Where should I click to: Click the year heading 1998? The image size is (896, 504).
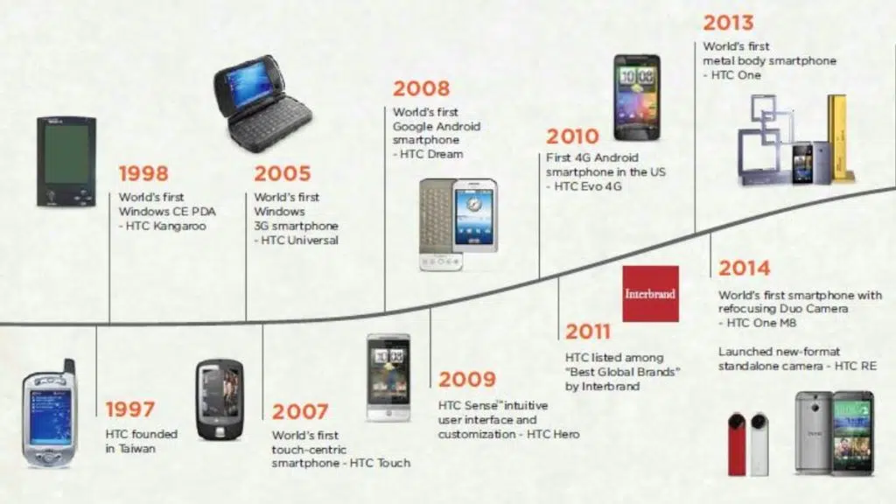tap(143, 173)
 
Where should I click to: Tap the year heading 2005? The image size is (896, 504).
tap(283, 173)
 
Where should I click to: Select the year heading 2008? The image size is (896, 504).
tap(421, 88)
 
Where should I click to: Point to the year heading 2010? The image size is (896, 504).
tap(572, 136)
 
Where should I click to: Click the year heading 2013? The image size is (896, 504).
tap(728, 23)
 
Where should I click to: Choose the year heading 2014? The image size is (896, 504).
tap(744, 268)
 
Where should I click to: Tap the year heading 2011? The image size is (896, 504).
tap(588, 332)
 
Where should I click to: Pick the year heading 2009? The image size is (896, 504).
tap(467, 379)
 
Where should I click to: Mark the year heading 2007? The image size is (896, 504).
tap(300, 411)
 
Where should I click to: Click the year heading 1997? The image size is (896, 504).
tap(129, 409)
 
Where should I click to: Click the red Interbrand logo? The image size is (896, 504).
tap(650, 294)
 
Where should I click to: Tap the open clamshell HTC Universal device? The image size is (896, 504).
tap(262, 104)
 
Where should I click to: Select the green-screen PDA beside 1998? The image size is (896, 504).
tap(66, 161)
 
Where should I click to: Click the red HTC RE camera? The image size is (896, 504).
tap(737, 444)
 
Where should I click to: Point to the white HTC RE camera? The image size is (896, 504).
tap(759, 444)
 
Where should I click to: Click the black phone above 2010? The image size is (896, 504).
tap(637, 97)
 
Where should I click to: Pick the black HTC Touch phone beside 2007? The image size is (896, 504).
tap(220, 400)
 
